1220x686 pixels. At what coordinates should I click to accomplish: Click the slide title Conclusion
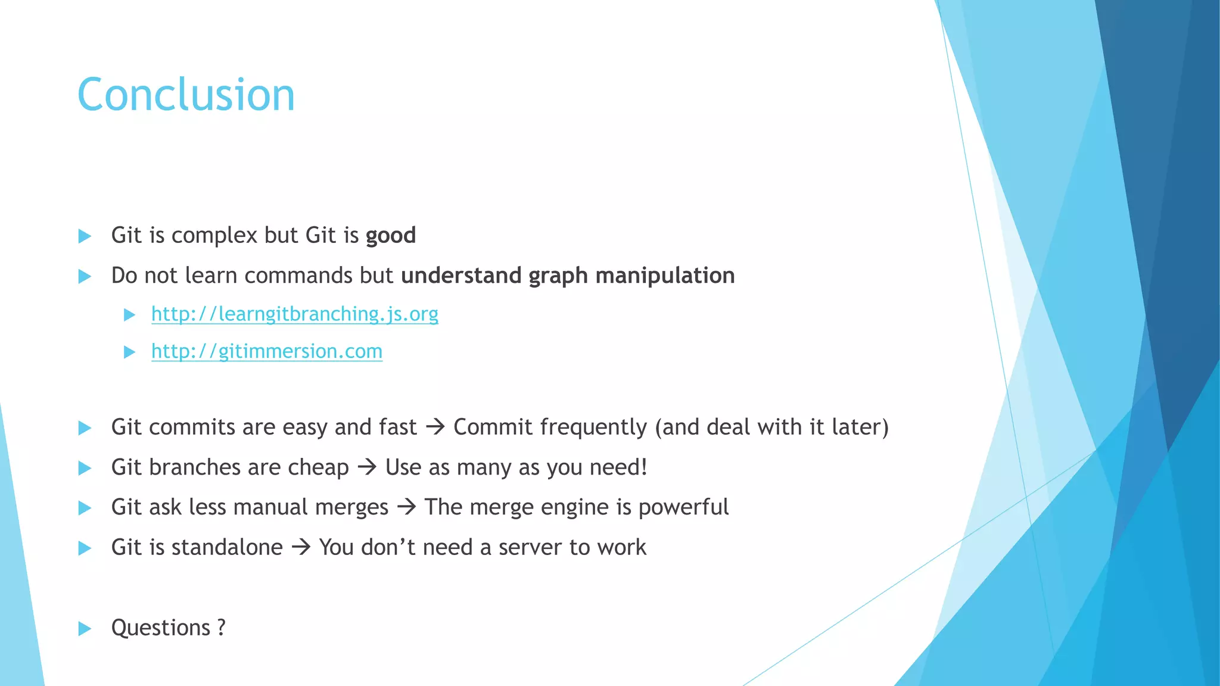tap(186, 95)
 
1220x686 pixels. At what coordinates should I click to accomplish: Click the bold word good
tap(390, 236)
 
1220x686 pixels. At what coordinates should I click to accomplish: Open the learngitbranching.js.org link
tap(294, 314)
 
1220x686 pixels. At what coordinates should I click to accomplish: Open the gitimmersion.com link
tap(266, 351)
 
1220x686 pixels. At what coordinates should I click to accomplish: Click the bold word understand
tap(461, 276)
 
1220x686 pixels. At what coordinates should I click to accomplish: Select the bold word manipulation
tap(665, 276)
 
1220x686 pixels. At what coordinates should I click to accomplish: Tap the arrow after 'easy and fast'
tap(435, 427)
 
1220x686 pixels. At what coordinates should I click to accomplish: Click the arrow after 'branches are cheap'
tap(367, 467)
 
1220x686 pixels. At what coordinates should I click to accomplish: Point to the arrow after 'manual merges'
tap(406, 507)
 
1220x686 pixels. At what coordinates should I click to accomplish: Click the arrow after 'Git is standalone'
tap(301, 547)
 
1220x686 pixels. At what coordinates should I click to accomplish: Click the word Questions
tap(161, 628)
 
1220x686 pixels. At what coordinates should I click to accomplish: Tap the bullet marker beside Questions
tap(85, 628)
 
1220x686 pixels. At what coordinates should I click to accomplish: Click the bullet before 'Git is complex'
tap(85, 236)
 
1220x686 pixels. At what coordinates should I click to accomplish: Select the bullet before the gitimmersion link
tap(129, 352)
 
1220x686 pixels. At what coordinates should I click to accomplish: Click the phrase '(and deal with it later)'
tap(771, 427)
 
